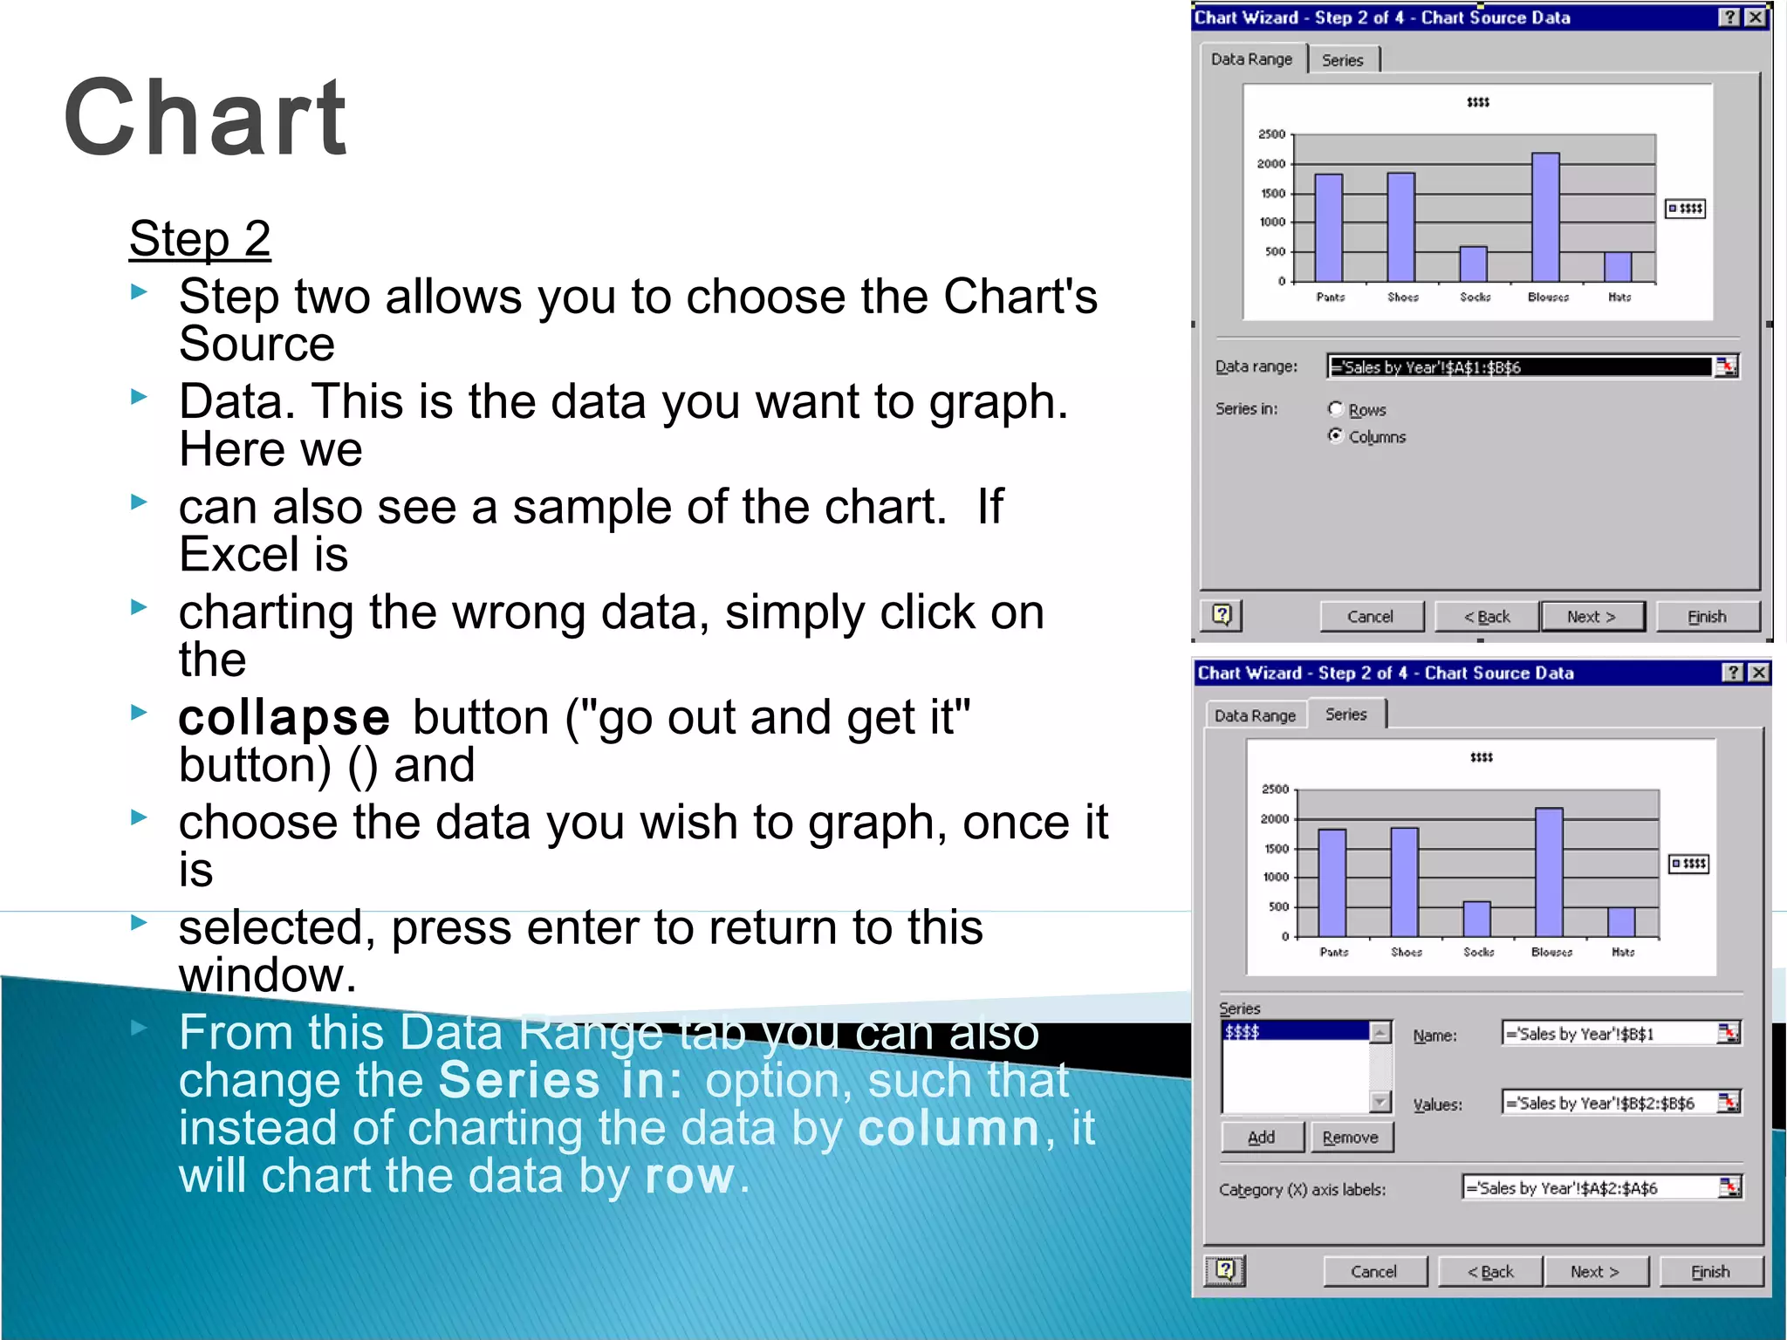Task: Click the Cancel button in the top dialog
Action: point(1370,617)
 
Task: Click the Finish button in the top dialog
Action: point(1707,617)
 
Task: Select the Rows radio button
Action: point(1336,408)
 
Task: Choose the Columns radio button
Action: point(1336,435)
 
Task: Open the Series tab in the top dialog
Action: point(1342,60)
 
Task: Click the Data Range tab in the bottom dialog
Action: point(1255,715)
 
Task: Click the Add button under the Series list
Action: point(1262,1138)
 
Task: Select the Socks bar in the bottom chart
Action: point(1476,919)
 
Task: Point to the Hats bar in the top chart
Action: point(1618,266)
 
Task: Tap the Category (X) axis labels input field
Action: point(1590,1188)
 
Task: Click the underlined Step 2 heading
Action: point(200,238)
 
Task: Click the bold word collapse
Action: point(284,718)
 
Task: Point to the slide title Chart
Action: point(206,118)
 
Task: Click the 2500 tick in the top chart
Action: point(1271,134)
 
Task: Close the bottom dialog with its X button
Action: point(1759,673)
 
